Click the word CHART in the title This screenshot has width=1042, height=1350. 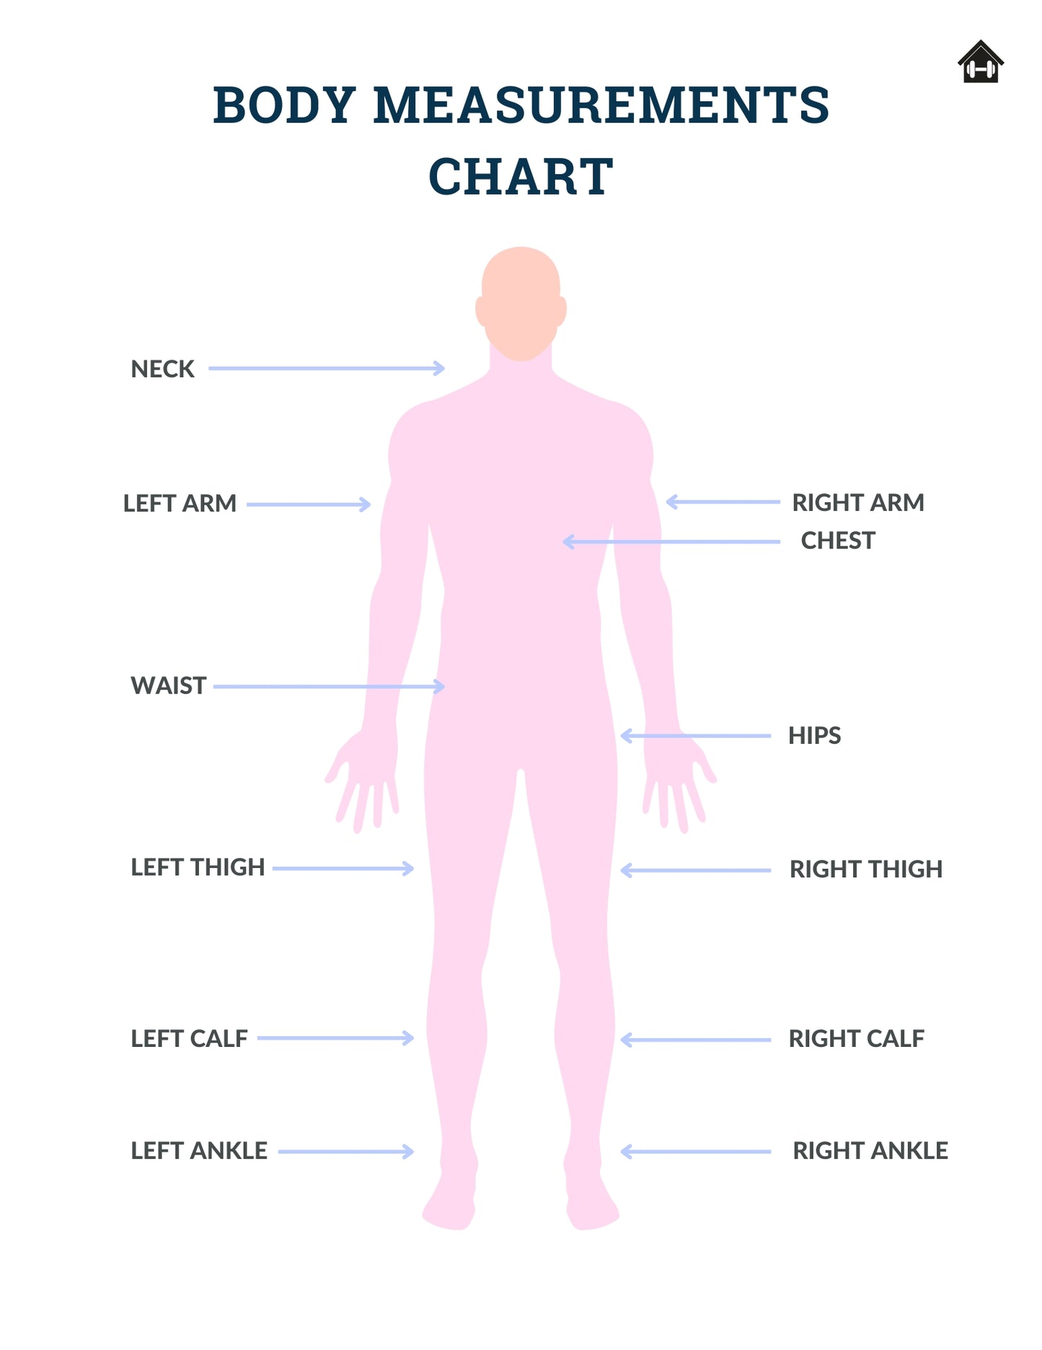click(x=521, y=177)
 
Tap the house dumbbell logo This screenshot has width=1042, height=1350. click(x=981, y=63)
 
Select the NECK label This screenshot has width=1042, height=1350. click(x=162, y=369)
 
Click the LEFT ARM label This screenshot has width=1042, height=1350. click(x=180, y=504)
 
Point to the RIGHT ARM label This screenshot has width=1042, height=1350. click(x=858, y=503)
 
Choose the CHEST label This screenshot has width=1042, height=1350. click(x=838, y=541)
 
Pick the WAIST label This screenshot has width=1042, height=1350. click(x=169, y=686)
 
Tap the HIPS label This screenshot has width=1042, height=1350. click(x=815, y=736)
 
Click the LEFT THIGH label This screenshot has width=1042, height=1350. click(x=198, y=867)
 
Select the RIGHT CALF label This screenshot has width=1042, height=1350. click(x=856, y=1039)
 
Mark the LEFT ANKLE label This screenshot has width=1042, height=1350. click(x=199, y=1151)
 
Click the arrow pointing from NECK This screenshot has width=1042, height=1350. click(x=327, y=369)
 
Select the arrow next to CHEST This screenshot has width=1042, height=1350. click(x=671, y=542)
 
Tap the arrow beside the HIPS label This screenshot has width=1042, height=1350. click(x=696, y=736)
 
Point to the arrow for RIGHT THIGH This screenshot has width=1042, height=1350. click(x=696, y=871)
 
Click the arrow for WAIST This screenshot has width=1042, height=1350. click(x=330, y=686)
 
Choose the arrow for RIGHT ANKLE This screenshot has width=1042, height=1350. click(x=696, y=1152)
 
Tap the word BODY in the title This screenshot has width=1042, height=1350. click(x=285, y=105)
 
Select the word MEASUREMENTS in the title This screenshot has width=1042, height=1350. click(x=601, y=105)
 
